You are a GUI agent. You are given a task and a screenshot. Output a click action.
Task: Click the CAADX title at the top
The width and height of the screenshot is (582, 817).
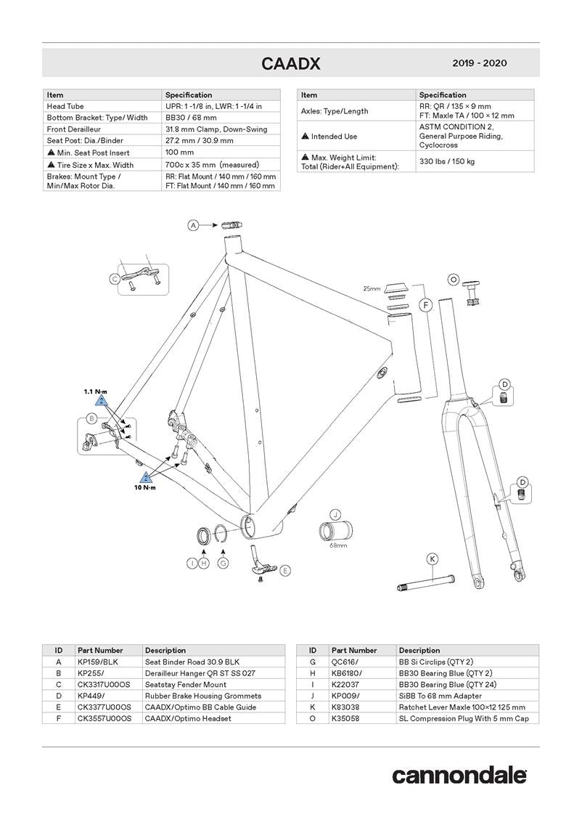coord(290,64)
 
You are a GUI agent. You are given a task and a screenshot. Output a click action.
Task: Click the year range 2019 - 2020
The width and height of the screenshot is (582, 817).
coord(479,63)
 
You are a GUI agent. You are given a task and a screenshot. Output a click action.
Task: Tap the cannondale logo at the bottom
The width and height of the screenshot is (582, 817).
coord(459,775)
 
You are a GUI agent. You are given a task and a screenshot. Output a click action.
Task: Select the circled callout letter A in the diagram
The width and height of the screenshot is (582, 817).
coord(194,226)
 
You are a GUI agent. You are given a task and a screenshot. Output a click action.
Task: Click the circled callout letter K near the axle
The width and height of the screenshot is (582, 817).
coord(432,558)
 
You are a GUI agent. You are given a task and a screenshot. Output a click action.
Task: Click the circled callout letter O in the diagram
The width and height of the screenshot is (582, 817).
coord(454,278)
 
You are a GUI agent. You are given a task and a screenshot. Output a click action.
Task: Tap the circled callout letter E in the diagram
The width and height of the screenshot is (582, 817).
coord(285,571)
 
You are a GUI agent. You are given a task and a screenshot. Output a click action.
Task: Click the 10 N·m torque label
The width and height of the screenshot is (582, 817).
coord(144,487)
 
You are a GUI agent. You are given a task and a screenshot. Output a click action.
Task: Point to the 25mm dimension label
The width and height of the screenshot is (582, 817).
coord(372,288)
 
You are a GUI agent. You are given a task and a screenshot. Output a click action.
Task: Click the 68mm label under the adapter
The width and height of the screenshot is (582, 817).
coord(338,544)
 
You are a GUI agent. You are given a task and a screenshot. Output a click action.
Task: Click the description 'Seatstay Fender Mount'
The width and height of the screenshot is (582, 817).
coord(186,684)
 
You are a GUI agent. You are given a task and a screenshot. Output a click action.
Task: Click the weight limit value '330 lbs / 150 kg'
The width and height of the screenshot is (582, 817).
coord(447,160)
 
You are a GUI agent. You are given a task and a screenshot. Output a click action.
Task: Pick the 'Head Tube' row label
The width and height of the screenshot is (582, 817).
coord(65,106)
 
